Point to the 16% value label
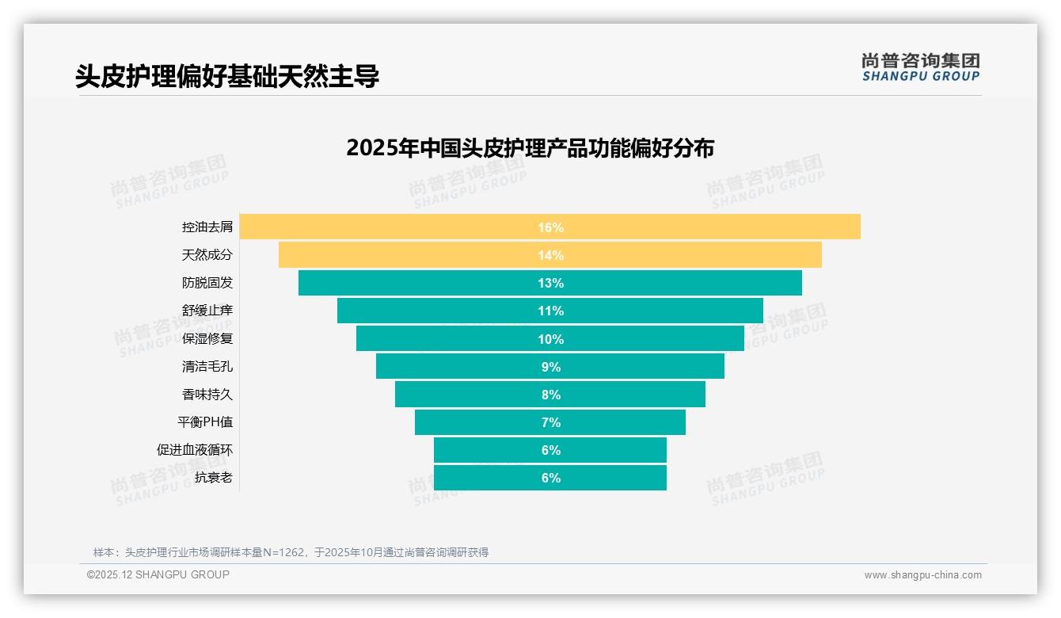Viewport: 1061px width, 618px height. pyautogui.click(x=550, y=227)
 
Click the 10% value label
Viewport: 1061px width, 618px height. pyautogui.click(x=550, y=339)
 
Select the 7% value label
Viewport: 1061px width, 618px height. pyautogui.click(x=550, y=422)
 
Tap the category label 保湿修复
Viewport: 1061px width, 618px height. pyautogui.click(x=207, y=338)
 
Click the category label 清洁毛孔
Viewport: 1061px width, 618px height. pyautogui.click(x=207, y=366)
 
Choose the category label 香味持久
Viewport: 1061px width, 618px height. pyautogui.click(x=207, y=394)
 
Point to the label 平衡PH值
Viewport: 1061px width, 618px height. pyautogui.click(x=205, y=422)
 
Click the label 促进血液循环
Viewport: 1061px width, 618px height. pyautogui.click(x=195, y=450)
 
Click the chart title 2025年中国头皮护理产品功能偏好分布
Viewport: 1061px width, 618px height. pyautogui.click(x=530, y=148)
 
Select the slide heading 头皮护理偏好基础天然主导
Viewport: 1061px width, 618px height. pyautogui.click(x=227, y=76)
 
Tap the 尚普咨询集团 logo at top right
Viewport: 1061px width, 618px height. pyautogui.click(x=920, y=67)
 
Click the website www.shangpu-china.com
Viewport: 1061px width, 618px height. pyautogui.click(x=922, y=575)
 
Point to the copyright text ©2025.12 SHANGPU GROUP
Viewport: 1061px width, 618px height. pyautogui.click(x=158, y=574)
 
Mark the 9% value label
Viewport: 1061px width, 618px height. pyautogui.click(x=550, y=367)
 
